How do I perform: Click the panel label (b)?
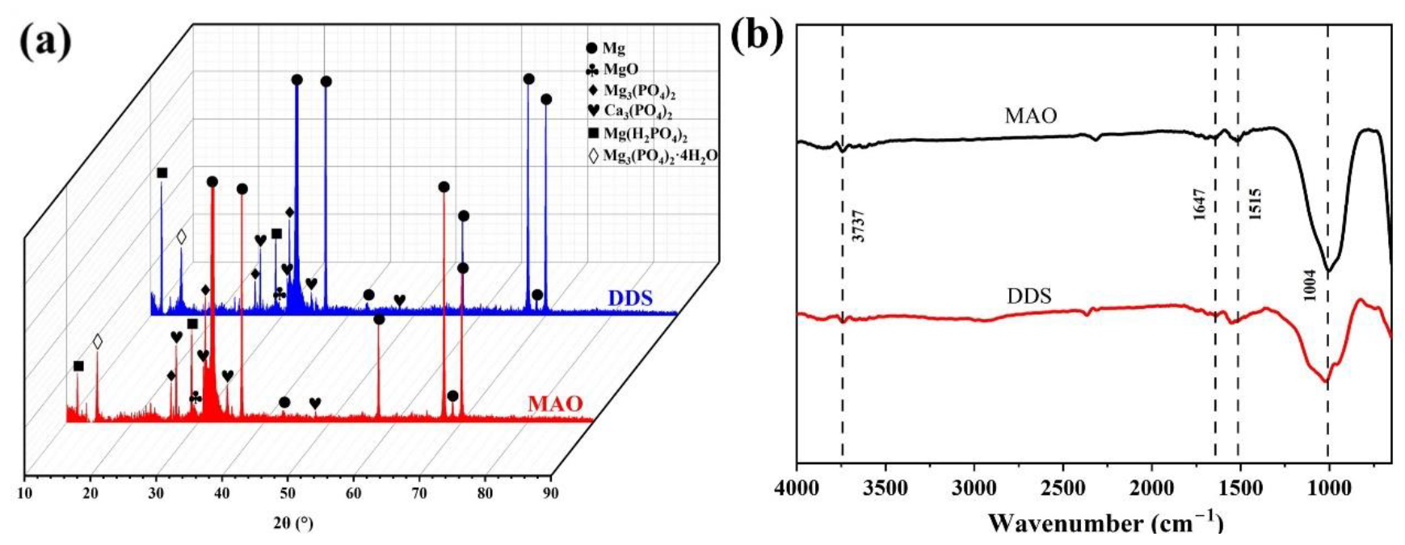(756, 36)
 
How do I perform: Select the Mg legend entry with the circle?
(612, 48)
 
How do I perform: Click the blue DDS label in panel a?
(630, 300)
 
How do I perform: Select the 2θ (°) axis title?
(292, 524)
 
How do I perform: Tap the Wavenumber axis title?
(1106, 523)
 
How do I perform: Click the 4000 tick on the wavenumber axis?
(797, 489)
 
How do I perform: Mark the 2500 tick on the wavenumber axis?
(1062, 489)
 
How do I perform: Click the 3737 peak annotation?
(858, 226)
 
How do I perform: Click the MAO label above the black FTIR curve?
(1030, 116)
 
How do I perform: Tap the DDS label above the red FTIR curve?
(1029, 297)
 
